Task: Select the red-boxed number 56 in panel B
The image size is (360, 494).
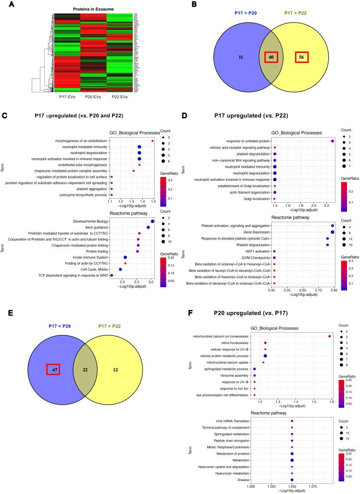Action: click(301, 57)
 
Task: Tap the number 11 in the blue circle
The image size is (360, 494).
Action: click(227, 57)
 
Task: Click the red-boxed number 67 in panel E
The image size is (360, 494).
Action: click(53, 369)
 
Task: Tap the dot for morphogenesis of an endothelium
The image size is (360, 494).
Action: click(152, 140)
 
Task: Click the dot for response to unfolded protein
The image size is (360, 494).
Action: click(333, 140)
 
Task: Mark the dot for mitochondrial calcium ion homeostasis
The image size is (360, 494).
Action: click(329, 336)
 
